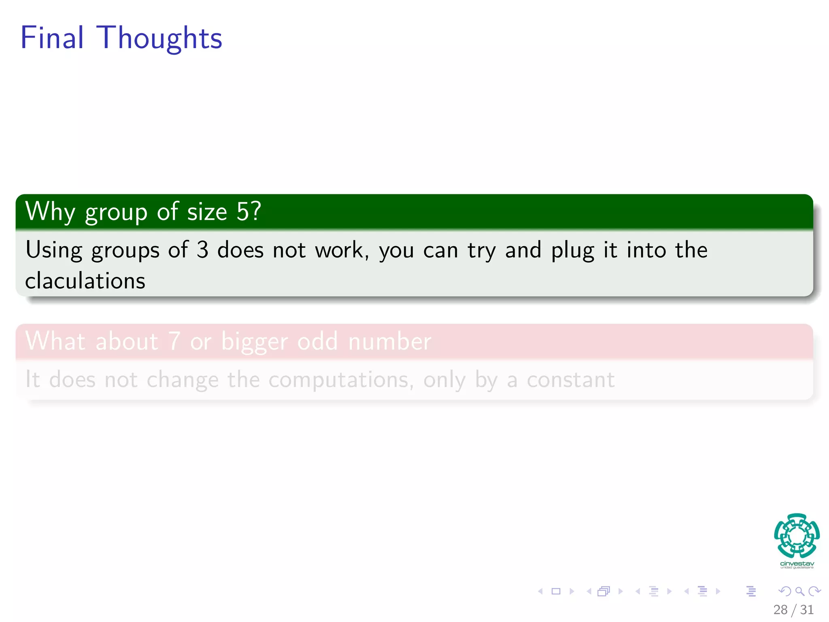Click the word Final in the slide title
pos(52,38)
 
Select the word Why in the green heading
pos(50,212)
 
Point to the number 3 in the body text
pos(202,250)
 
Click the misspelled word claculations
pos(85,281)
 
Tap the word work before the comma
pos(339,250)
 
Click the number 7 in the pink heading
pos(174,341)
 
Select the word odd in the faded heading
pos(317,341)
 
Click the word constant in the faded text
pos(570,379)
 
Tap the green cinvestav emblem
pos(797,535)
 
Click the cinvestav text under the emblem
pos(797,564)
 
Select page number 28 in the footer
pos(780,609)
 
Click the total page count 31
pos(807,609)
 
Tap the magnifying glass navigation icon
pos(799,591)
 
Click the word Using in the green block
pos(53,250)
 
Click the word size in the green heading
pos(207,212)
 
